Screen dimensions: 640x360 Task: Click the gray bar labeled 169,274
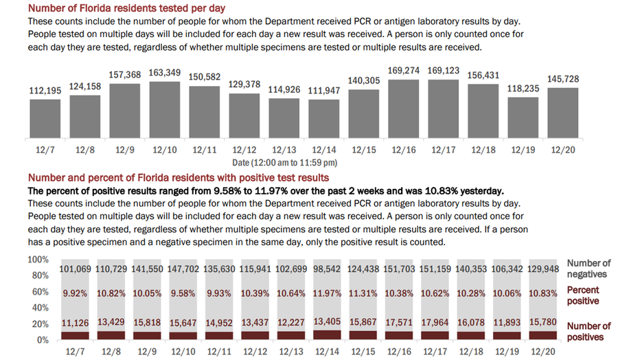[x=403, y=109]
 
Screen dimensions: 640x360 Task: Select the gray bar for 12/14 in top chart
[x=323, y=119]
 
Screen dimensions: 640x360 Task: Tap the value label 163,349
[x=165, y=73]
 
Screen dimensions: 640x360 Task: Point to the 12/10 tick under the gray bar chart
[x=165, y=150]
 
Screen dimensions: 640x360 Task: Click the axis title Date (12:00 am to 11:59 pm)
[x=284, y=163]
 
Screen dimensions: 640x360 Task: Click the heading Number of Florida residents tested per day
[x=126, y=8]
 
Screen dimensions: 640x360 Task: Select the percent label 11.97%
[x=327, y=293]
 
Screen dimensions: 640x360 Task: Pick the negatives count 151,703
[x=399, y=269]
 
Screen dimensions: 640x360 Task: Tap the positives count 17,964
[x=435, y=322]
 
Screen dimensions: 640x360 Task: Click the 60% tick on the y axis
[x=41, y=292]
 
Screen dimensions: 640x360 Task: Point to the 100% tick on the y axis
[x=38, y=260]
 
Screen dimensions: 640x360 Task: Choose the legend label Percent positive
[x=583, y=295]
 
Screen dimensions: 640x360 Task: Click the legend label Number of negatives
[x=588, y=269]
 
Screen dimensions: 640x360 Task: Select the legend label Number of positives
[x=588, y=331]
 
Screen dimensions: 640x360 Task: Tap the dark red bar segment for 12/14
[x=327, y=335]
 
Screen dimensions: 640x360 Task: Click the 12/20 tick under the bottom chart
[x=543, y=352]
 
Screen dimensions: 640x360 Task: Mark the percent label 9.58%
[x=183, y=293]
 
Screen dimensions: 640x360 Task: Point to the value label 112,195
[x=45, y=91]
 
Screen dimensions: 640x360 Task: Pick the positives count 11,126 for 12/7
[x=75, y=324]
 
